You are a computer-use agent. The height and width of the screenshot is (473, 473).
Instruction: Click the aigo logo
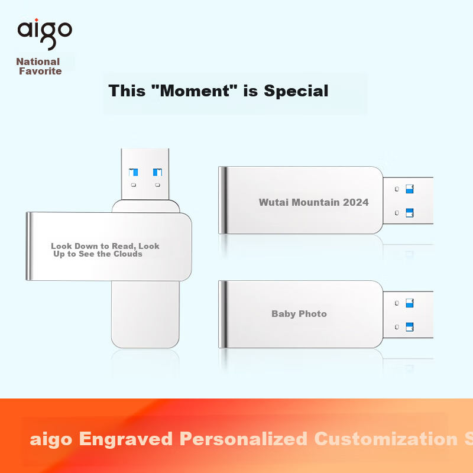[x=45, y=34]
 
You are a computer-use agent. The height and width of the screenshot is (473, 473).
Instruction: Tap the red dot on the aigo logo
[x=37, y=20]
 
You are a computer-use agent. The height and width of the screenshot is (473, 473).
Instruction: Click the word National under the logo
[x=38, y=61]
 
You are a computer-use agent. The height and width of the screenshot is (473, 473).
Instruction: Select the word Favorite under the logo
[x=40, y=71]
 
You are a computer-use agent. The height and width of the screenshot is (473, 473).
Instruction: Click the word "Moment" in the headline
[x=195, y=90]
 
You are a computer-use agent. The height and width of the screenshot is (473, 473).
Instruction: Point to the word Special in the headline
[x=296, y=91]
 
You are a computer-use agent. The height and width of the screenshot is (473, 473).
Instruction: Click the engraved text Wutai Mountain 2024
[x=314, y=202]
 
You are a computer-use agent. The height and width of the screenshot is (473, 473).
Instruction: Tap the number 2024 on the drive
[x=356, y=202]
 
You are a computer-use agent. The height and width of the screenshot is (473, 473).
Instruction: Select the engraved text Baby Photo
[x=299, y=314]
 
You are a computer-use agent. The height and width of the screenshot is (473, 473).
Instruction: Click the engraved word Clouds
[x=128, y=254]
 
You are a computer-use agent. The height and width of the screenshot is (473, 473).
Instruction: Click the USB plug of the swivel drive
[x=145, y=174]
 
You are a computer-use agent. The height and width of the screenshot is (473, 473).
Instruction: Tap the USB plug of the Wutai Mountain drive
[x=408, y=200]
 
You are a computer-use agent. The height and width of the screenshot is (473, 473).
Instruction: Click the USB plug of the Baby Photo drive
[x=408, y=315]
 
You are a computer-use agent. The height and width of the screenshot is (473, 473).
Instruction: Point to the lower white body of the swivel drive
[x=145, y=315]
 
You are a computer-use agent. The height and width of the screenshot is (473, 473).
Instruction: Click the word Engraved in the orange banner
[x=126, y=439]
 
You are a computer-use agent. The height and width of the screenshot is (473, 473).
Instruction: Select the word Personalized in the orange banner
[x=243, y=439]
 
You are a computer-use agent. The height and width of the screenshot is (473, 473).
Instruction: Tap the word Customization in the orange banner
[x=386, y=439]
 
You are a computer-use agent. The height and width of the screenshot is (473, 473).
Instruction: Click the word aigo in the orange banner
[x=51, y=440]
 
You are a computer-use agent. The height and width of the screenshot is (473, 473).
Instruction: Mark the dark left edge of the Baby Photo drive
[x=223, y=314]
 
